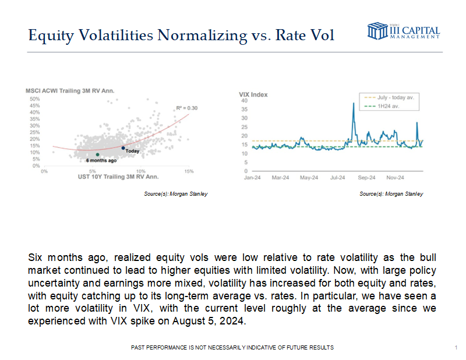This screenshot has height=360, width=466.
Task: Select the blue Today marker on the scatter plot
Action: coord(123,148)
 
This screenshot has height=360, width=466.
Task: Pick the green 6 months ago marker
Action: coord(97,154)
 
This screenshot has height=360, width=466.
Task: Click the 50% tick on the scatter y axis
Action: coord(34,99)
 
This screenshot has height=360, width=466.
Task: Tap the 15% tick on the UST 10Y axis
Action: coord(189,171)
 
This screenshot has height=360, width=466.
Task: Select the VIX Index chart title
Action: coord(252,94)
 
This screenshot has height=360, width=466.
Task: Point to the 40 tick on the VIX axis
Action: coord(245,101)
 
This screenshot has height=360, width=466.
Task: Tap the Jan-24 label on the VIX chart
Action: coord(252,177)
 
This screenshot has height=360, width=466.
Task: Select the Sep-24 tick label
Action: coord(366,177)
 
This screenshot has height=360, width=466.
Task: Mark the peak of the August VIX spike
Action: coord(354,103)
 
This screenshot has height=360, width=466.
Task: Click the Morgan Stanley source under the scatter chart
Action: coord(175,194)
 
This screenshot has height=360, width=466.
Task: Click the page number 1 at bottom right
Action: coord(454,347)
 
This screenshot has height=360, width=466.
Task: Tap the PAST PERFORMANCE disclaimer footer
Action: coord(233,347)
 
